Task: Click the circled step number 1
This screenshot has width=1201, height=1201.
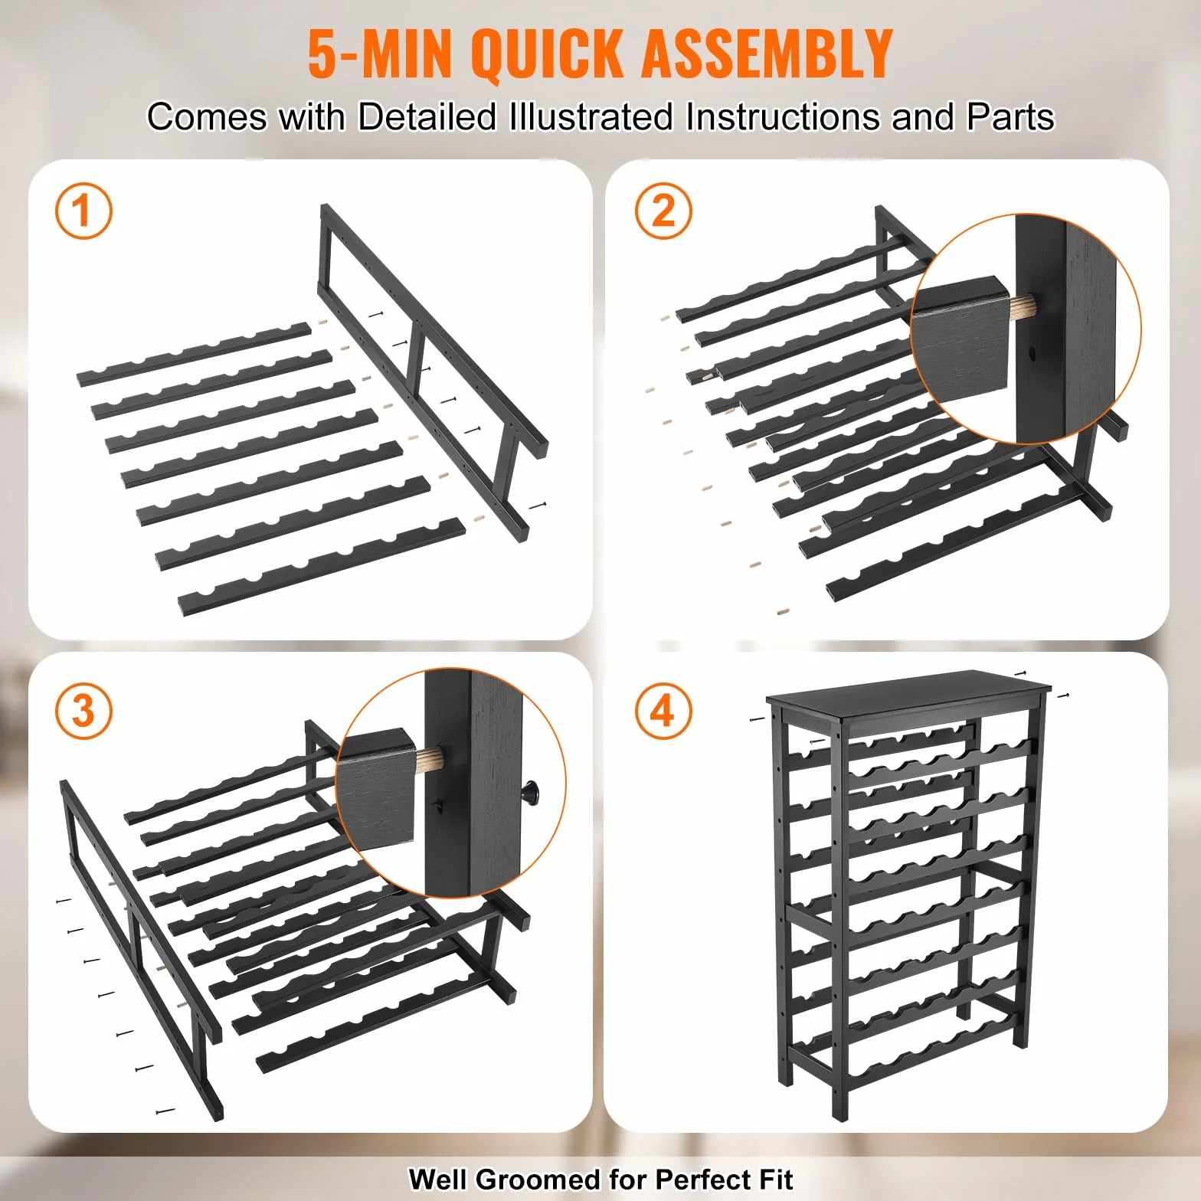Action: (x=83, y=211)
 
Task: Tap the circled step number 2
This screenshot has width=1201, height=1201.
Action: (x=663, y=211)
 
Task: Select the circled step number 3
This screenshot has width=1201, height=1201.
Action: (x=83, y=710)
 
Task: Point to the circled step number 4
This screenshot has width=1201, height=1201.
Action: (x=663, y=710)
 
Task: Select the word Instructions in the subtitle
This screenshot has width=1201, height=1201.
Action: (x=782, y=117)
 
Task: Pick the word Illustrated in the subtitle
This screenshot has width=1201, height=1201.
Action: (x=591, y=117)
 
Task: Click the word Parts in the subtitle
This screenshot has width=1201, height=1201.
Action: (x=1010, y=117)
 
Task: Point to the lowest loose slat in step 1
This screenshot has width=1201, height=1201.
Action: (x=322, y=567)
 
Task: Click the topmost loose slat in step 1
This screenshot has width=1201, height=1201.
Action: (x=195, y=354)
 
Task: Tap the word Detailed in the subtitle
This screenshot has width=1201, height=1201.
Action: (x=427, y=117)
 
